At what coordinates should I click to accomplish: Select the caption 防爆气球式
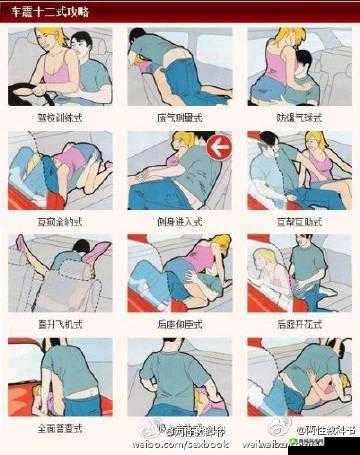296,117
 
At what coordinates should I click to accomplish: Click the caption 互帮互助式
296,218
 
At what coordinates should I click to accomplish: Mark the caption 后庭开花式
296,325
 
